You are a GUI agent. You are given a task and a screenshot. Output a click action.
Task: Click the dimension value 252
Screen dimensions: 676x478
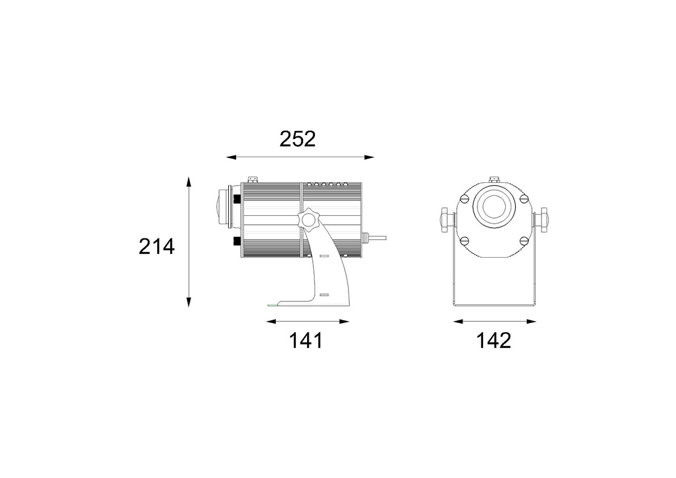[x=297, y=139]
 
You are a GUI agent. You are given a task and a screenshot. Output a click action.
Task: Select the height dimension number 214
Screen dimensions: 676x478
[x=157, y=246]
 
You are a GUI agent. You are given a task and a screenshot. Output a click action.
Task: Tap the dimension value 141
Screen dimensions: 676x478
[x=305, y=341]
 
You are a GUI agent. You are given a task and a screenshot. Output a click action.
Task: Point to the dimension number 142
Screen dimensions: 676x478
[x=494, y=341]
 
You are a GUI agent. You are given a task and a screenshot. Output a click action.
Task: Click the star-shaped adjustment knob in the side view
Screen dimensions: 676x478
[x=308, y=219]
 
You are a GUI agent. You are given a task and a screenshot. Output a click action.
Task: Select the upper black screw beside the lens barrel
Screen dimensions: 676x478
[x=237, y=199]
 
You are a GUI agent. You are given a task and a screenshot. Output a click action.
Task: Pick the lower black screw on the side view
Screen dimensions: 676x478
[x=237, y=241]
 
